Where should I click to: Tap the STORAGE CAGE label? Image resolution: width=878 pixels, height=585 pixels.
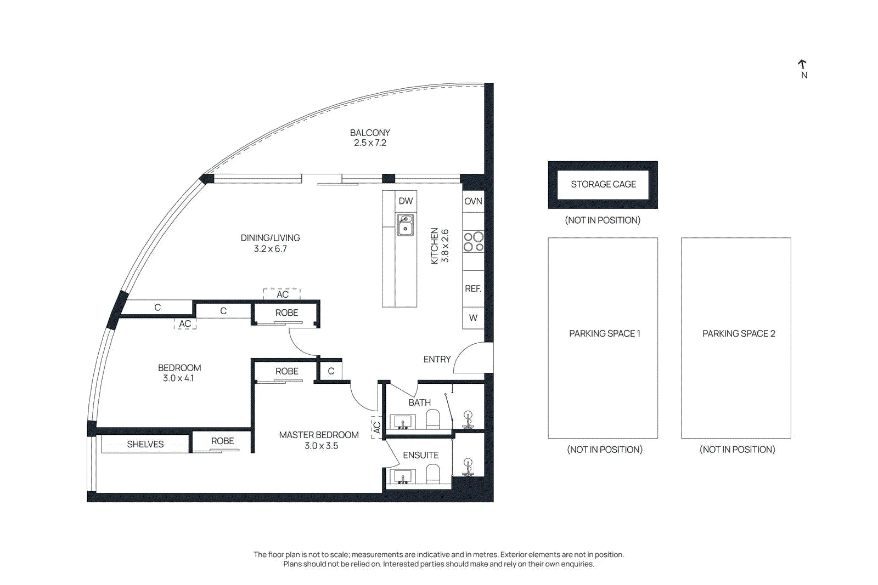click(x=603, y=184)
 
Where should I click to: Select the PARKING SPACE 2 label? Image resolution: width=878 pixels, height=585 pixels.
click(x=739, y=333)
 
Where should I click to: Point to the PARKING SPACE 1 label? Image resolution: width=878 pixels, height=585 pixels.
click(x=604, y=333)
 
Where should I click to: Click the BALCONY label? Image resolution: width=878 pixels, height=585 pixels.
click(x=370, y=133)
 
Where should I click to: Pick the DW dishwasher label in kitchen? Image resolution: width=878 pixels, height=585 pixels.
click(x=406, y=201)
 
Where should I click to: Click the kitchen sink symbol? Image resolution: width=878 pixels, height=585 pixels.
click(x=406, y=225)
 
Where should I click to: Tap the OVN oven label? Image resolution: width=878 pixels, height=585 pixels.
click(x=473, y=201)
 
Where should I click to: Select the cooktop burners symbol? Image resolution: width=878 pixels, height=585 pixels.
click(x=474, y=242)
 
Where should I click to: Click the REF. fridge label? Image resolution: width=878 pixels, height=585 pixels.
click(x=473, y=288)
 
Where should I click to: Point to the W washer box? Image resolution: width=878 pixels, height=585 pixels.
click(x=473, y=318)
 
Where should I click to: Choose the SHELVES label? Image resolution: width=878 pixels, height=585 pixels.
click(x=145, y=444)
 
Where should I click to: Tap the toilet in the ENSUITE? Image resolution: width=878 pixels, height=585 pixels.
click(x=433, y=473)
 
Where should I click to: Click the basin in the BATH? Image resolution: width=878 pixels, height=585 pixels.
click(x=403, y=422)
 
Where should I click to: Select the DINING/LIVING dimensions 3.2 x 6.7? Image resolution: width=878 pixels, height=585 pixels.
click(x=270, y=249)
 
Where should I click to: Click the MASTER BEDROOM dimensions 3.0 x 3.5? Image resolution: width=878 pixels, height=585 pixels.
click(x=321, y=446)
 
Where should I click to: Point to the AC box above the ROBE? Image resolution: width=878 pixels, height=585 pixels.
click(x=282, y=294)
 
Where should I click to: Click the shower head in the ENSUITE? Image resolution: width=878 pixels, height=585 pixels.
click(x=468, y=466)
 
